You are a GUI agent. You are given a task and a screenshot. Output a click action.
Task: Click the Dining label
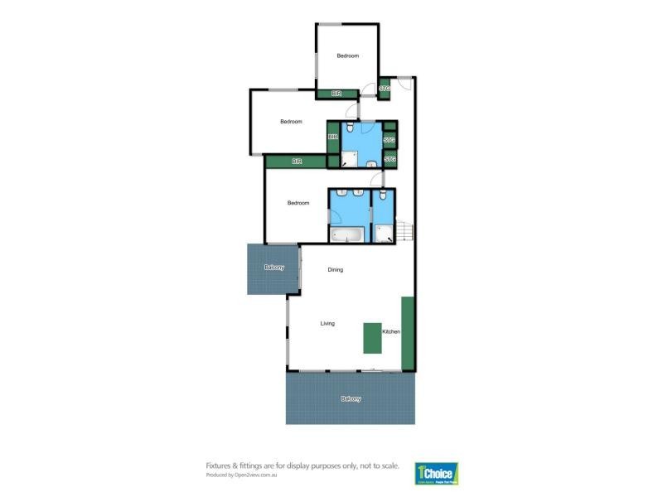335,269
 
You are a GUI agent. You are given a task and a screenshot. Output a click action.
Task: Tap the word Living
327,323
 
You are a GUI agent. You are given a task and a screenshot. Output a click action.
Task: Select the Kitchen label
391,331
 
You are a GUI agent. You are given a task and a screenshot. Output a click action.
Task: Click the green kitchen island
371,337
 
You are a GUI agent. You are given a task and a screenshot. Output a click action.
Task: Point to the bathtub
347,234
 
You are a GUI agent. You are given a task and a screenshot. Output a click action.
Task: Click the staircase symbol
404,231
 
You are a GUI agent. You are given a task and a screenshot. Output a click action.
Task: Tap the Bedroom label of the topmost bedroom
347,55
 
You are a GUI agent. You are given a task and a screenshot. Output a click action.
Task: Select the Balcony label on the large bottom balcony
351,398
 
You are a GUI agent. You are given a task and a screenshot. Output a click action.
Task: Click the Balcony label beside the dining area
273,267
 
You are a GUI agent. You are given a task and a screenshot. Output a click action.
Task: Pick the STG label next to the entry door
385,88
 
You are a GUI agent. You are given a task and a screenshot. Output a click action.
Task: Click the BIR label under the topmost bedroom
336,94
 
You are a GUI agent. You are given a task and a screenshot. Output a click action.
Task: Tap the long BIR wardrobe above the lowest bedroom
296,162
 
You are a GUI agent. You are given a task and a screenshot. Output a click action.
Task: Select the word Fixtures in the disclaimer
219,466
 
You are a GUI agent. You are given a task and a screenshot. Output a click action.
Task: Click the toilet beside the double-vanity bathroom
383,196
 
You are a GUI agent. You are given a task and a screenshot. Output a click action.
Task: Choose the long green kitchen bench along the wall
408,332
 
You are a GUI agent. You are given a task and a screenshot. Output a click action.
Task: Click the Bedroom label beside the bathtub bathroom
298,203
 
